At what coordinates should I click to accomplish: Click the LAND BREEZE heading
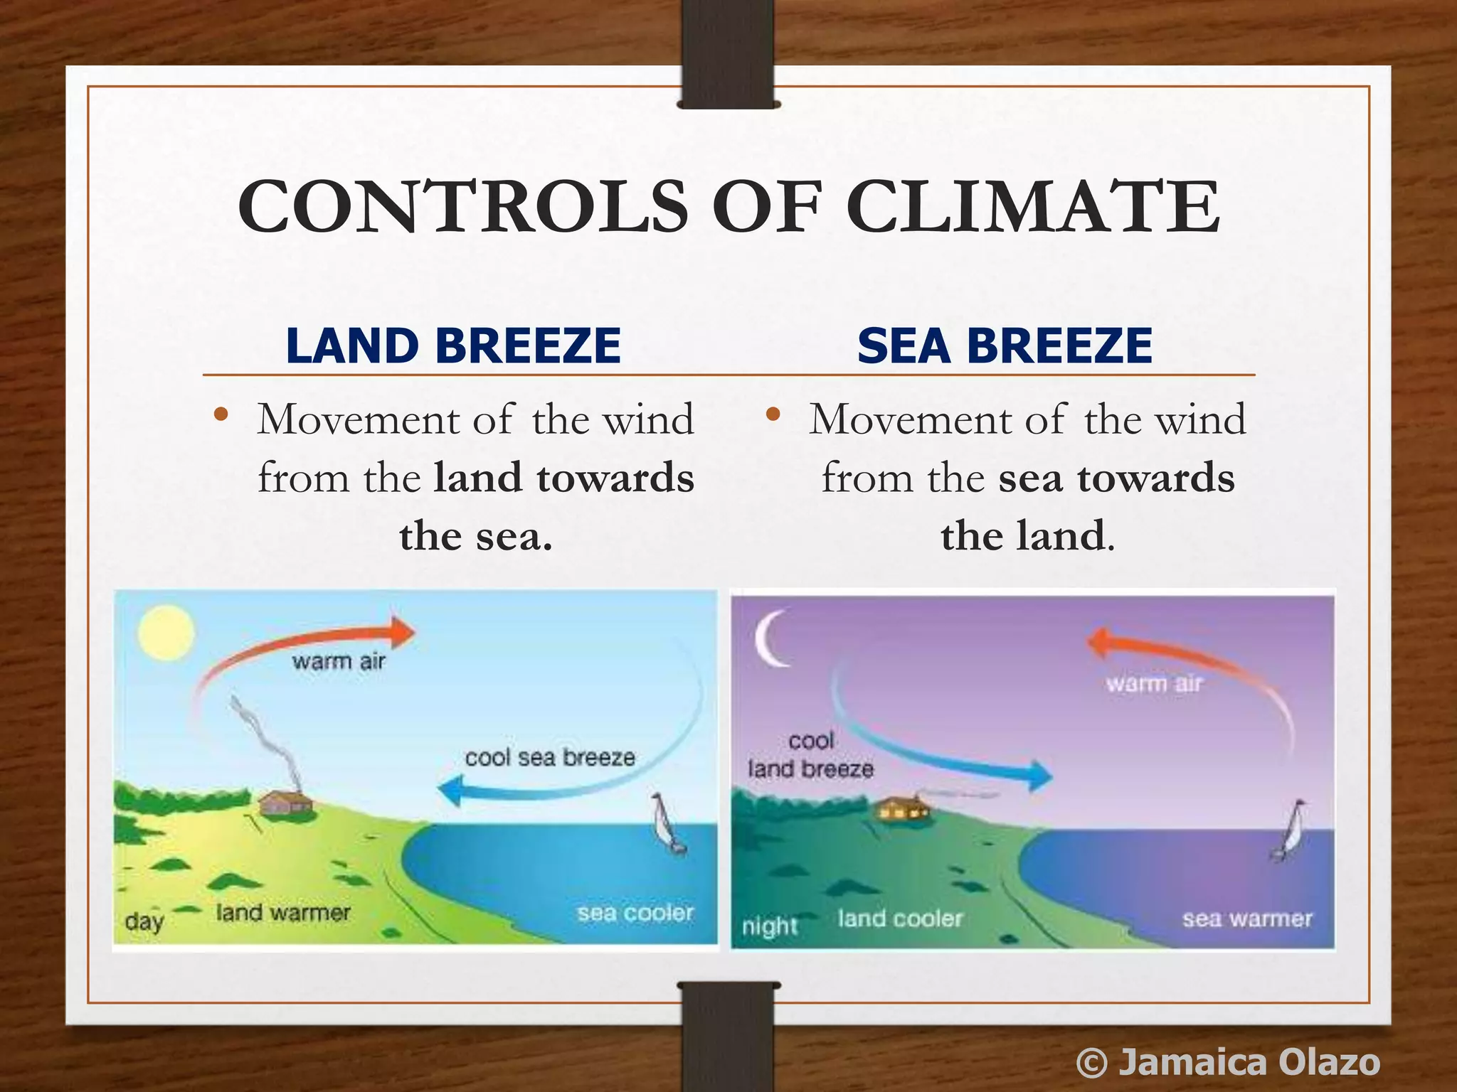coord(453,346)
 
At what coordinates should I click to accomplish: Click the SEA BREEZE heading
coord(1004,346)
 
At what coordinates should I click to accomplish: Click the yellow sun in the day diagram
coord(166,632)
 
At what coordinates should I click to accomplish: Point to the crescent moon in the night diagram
coord(771,638)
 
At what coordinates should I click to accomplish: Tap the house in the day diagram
coord(285,803)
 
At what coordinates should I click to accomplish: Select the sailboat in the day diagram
coord(669,825)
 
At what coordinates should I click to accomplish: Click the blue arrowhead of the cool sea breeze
coord(451,790)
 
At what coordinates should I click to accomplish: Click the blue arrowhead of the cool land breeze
coord(1040,775)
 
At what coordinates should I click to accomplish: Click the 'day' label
coord(144,922)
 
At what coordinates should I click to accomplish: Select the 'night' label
coord(770,926)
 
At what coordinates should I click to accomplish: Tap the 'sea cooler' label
coord(635,913)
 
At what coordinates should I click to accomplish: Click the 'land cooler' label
coord(900,919)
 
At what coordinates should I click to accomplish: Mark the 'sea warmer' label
coord(1247,919)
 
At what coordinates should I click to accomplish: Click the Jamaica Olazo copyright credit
coord(1229,1062)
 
